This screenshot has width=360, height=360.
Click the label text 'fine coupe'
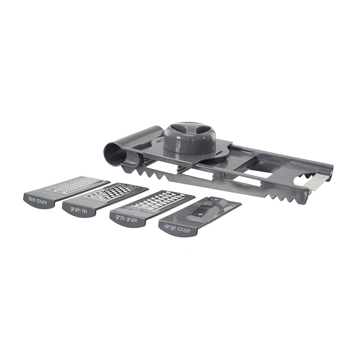click(38, 201)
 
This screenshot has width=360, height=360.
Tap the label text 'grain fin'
click(79, 210)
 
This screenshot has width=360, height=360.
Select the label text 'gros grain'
click(126, 218)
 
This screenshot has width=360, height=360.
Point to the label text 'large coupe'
click(177, 229)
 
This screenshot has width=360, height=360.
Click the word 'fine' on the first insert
click(32, 199)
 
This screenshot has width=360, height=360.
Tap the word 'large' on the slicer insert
click(170, 227)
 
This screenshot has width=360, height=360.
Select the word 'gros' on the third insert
click(120, 217)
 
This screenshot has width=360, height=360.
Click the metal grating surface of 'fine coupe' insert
click(73, 184)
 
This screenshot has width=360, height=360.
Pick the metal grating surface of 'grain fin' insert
click(112, 192)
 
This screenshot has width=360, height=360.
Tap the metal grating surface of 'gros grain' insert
click(158, 200)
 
